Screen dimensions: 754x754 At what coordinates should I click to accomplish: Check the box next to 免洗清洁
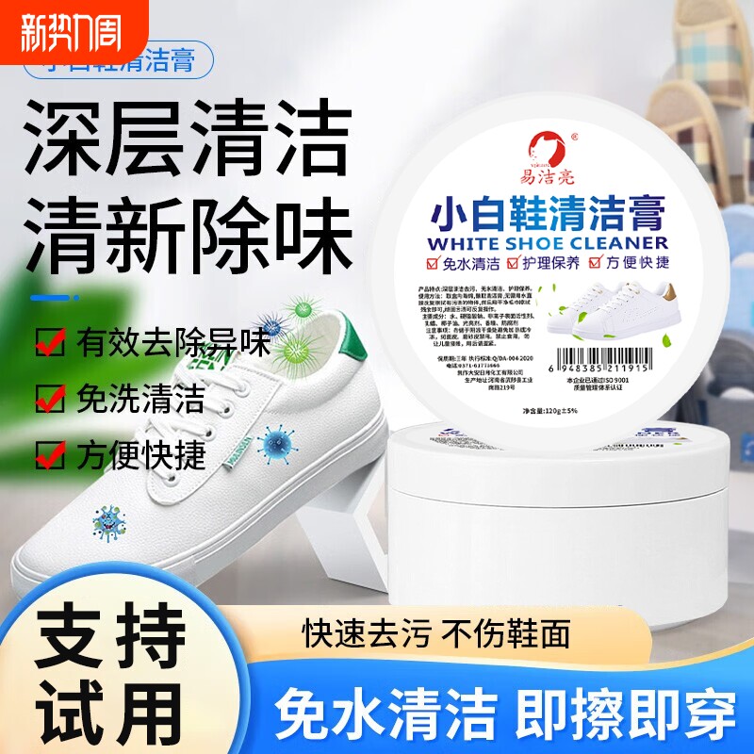50,399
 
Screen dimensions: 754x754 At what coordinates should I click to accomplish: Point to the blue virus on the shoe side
275,438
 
